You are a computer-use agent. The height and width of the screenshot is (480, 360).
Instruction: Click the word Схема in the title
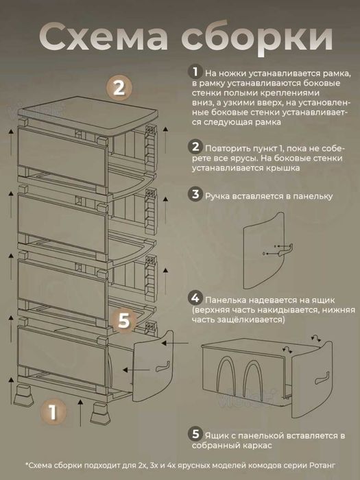point(104,38)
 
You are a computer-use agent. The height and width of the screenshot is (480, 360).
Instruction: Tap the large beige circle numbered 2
point(119,88)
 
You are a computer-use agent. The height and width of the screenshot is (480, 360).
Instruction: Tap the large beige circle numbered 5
point(124,321)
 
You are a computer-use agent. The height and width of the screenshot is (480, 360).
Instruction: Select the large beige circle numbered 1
point(53,412)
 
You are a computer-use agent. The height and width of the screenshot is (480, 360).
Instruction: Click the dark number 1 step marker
point(195,72)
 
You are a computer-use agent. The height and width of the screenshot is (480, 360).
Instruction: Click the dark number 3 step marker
point(195,194)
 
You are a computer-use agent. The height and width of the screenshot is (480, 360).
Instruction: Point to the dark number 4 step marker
point(195,298)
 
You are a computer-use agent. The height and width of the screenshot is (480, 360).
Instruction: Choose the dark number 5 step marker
point(195,434)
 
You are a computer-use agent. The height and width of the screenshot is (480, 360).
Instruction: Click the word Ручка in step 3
point(217,197)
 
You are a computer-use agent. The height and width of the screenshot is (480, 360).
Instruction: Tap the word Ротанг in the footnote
point(322,466)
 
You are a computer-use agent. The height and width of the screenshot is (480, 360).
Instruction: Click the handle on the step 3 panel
point(286,250)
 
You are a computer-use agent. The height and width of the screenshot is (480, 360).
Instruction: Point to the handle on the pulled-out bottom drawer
point(163,366)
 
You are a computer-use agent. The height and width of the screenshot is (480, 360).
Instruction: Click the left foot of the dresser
point(23,396)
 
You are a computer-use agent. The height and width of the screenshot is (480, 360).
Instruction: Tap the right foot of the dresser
point(100,413)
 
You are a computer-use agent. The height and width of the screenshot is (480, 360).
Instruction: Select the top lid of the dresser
point(88,113)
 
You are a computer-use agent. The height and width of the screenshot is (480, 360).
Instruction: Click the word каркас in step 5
point(256,446)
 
